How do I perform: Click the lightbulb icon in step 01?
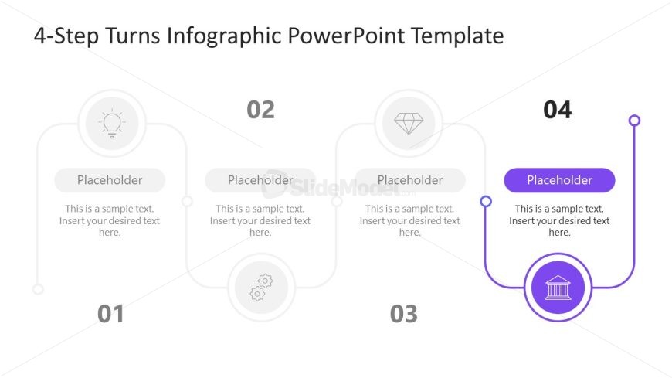112,123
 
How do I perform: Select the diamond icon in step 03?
409,124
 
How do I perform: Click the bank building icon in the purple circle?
558,288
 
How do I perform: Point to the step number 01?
110,314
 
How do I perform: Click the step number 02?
260,110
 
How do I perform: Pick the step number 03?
404,314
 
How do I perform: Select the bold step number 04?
558,110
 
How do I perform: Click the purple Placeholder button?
559,180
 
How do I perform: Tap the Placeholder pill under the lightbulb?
110,180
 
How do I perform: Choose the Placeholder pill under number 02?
260,180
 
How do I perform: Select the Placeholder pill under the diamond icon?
410,180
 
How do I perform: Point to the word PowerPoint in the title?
346,36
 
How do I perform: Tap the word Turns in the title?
133,36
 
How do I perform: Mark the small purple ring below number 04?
635,121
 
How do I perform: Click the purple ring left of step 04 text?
486,201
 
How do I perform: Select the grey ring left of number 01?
38,289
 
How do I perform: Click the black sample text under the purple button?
559,220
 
